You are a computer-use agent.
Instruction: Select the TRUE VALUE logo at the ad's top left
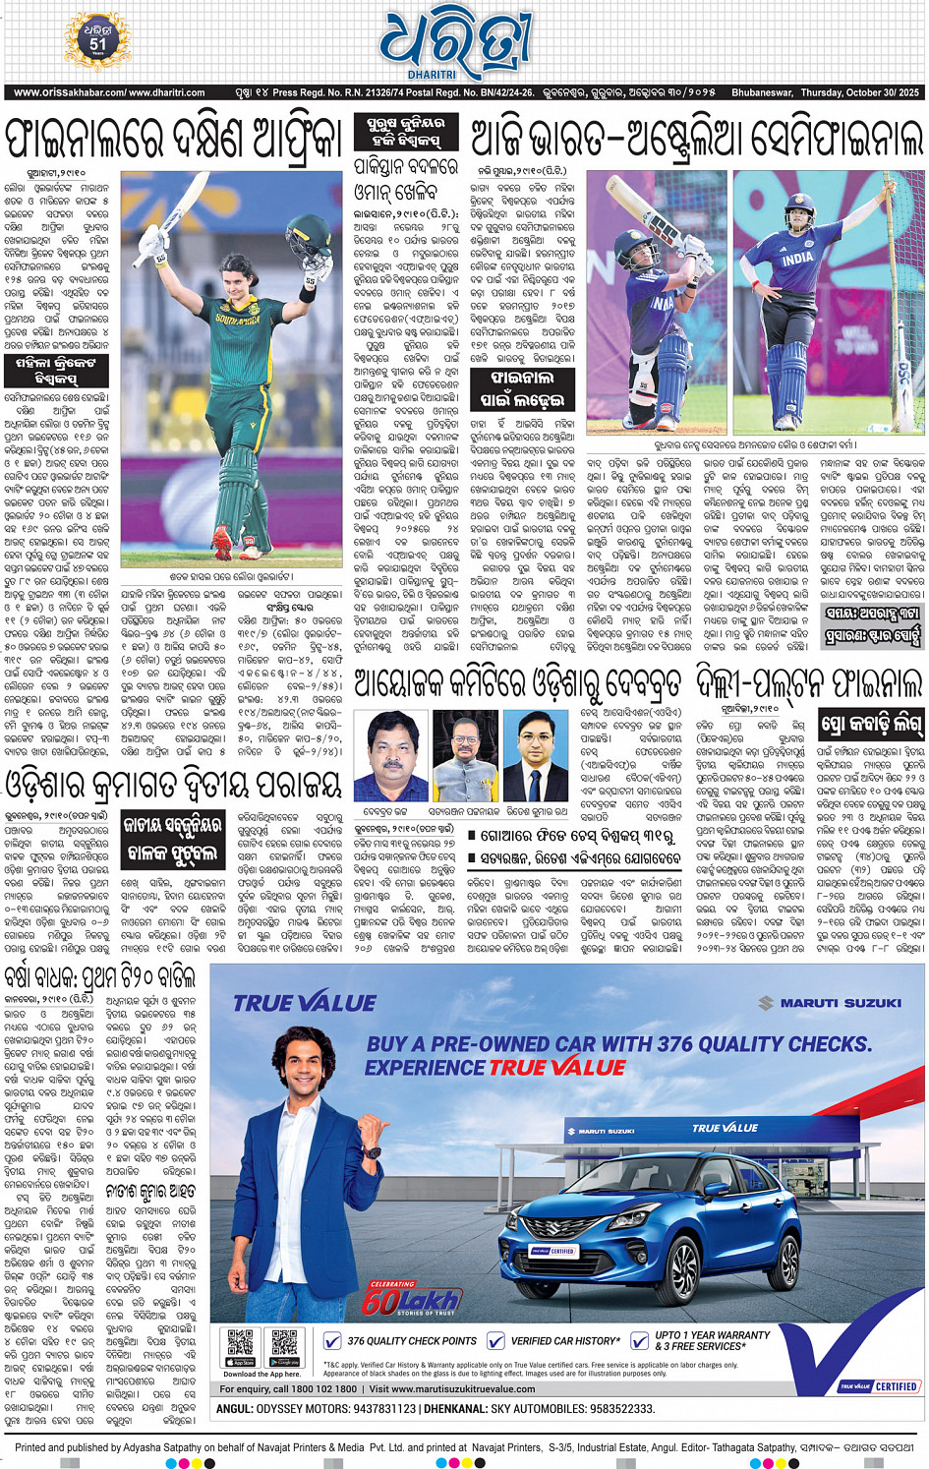point(304,1003)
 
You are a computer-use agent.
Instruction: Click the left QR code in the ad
point(241,1343)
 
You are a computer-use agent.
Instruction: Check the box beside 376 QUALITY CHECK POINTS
point(332,1340)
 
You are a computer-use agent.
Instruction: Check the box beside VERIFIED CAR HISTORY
point(495,1340)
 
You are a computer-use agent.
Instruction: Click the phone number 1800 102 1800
point(320,1389)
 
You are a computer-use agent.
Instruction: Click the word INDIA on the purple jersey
point(796,259)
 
